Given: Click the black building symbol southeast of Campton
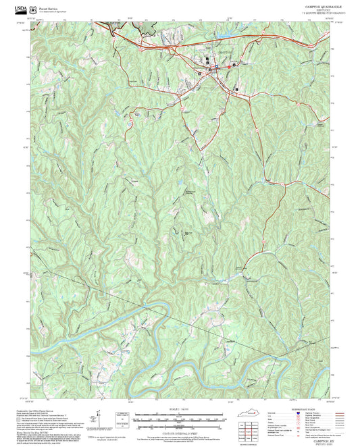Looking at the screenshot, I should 236,88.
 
